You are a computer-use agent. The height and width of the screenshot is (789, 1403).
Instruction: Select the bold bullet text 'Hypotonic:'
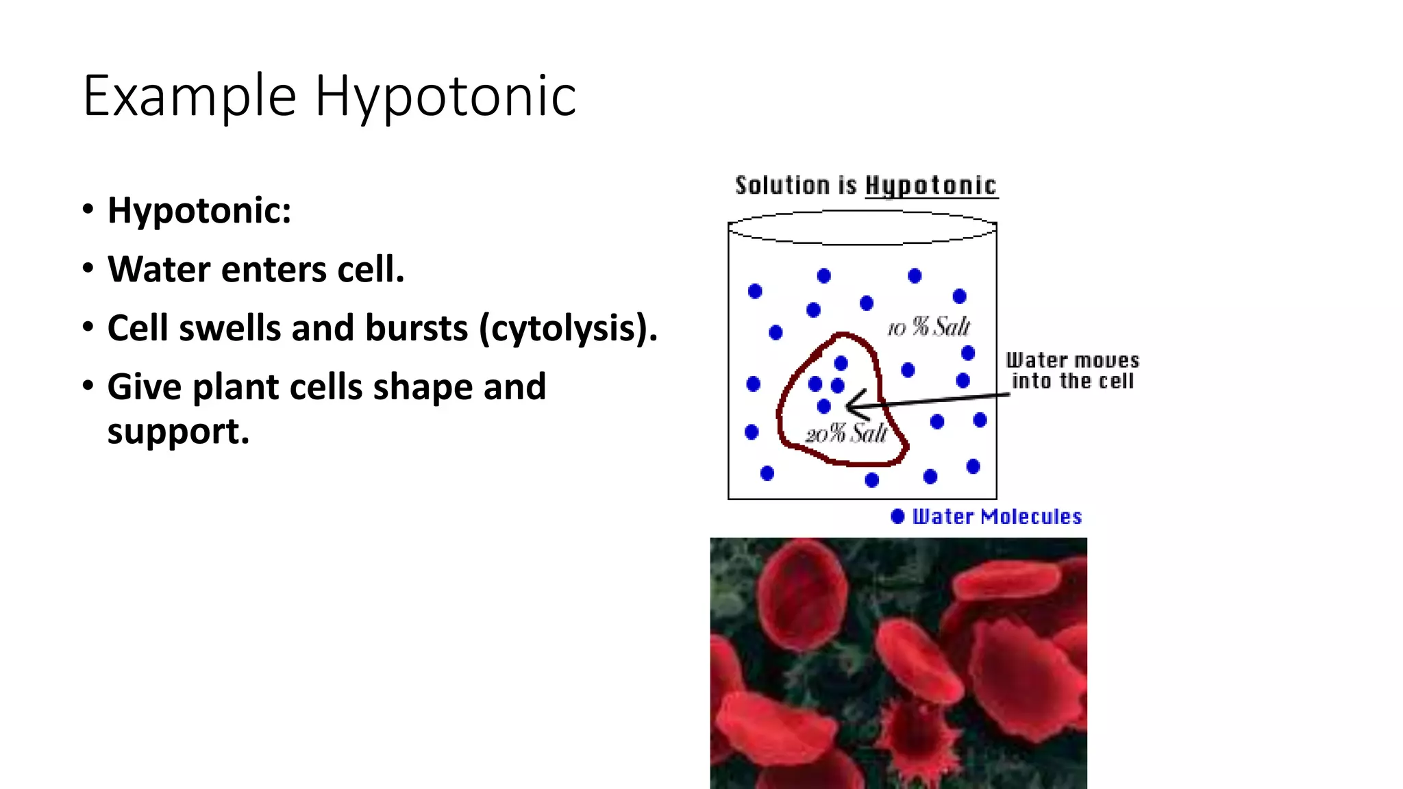(199, 210)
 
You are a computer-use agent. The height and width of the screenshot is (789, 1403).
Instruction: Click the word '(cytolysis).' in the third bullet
(568, 328)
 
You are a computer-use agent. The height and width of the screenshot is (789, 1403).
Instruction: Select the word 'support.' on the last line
(178, 431)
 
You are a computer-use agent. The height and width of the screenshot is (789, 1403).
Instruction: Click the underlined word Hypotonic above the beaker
(931, 186)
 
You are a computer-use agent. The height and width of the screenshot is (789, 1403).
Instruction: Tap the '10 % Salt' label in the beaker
(929, 327)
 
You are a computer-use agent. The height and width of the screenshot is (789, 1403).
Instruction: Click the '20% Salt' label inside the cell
(847, 434)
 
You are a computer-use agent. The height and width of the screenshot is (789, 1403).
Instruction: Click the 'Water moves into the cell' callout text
(1072, 371)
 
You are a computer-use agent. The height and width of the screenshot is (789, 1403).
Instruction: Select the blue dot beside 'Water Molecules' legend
(897, 516)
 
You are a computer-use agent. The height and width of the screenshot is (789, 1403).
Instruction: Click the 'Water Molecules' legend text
(997, 516)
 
